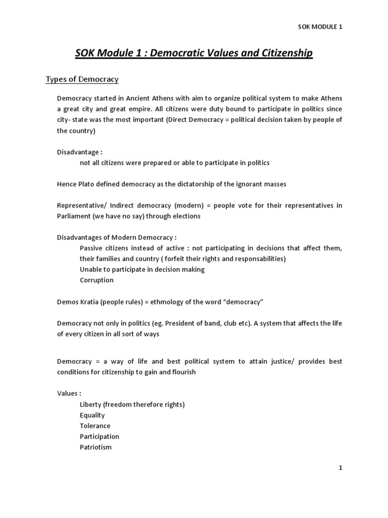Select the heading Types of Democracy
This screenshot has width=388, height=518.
coord(82,79)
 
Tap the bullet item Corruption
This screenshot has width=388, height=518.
coord(96,280)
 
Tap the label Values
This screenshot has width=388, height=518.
coord(67,394)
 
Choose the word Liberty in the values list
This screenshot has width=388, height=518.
coord(91,404)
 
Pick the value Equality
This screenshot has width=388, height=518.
coord(92,415)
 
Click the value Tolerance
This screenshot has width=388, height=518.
coord(95,425)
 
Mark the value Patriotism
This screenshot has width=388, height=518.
coord(95,447)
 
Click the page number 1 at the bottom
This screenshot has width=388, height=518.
coord(341,468)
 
